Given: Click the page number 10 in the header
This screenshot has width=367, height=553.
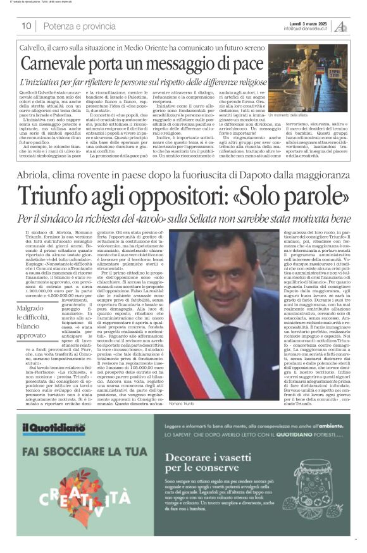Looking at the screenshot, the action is point(27,26).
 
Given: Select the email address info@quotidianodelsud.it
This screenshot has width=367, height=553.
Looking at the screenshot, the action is point(307,28).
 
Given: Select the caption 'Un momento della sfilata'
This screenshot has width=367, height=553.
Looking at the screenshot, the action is point(291,115).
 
